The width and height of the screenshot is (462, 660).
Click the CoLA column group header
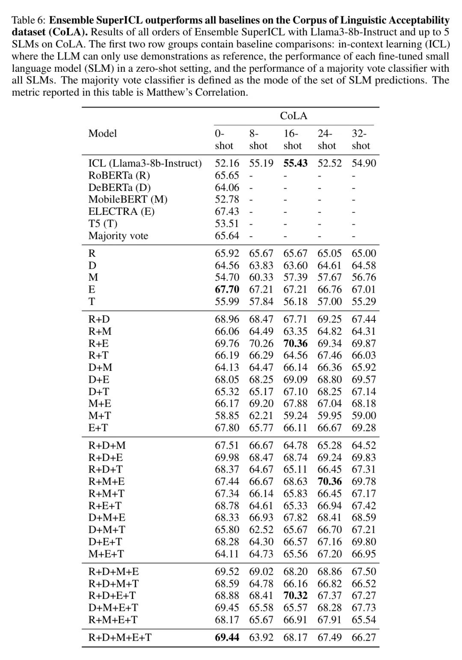click(293, 116)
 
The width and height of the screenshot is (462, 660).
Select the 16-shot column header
click(293, 140)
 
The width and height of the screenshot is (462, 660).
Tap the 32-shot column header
click(361, 140)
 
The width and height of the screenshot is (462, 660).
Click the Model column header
click(103, 133)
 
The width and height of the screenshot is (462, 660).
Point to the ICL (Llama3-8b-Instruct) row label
click(145, 163)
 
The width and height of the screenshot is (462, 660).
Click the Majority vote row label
click(118, 236)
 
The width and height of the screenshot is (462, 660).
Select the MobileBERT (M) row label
click(127, 199)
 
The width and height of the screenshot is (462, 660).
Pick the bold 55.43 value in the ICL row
click(295, 163)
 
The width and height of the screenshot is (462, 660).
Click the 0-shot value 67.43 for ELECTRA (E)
click(227, 211)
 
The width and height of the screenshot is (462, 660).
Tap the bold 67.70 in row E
click(227, 290)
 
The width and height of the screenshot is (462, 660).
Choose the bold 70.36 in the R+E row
click(295, 343)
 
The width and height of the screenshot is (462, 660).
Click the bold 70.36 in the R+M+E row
click(329, 481)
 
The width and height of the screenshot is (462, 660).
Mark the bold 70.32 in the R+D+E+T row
click(295, 595)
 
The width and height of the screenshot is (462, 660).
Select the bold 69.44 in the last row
click(227, 638)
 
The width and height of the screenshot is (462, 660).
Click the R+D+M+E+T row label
click(120, 638)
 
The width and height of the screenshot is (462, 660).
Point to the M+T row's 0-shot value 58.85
click(227, 416)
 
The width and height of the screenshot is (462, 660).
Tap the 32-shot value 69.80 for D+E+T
click(364, 542)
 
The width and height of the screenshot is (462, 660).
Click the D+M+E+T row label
click(113, 607)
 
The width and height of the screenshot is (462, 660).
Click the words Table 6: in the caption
click(29, 21)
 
